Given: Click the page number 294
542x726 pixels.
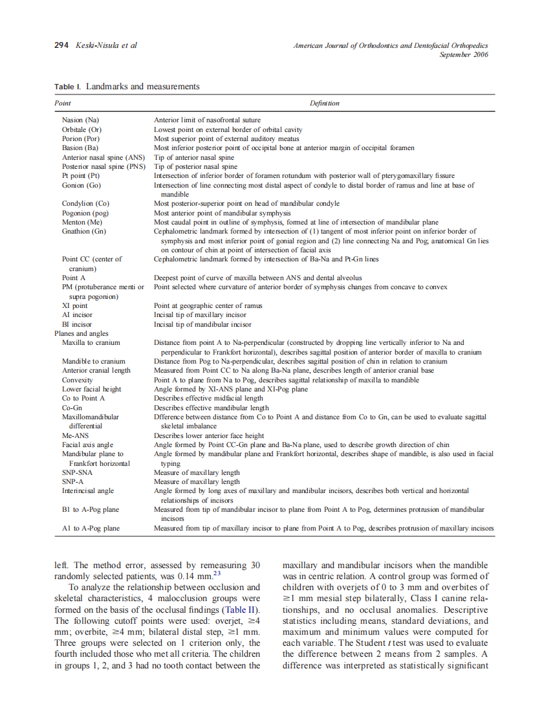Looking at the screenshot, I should coord(61,45).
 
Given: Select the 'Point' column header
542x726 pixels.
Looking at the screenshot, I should coord(63,103).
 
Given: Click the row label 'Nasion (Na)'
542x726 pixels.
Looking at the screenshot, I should coord(80,120).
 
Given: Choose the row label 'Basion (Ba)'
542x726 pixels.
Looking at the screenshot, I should coord(80,148).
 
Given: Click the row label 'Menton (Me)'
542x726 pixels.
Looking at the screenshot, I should coord(81,222).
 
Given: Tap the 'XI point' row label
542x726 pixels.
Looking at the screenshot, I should coord(74,305).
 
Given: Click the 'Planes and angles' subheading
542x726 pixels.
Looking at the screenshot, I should coord(81,333).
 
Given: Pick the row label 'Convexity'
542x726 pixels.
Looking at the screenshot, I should coord(77,380).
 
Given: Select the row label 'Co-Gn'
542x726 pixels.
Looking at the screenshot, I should coord(72,408).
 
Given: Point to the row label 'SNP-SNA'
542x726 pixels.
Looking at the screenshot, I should coord(76,472).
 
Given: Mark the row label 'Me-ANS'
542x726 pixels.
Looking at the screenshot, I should coord(76,435).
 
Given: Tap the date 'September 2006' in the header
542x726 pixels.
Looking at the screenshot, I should coord(464,54).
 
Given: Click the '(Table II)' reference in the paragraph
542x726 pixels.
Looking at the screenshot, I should coord(240,610).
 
